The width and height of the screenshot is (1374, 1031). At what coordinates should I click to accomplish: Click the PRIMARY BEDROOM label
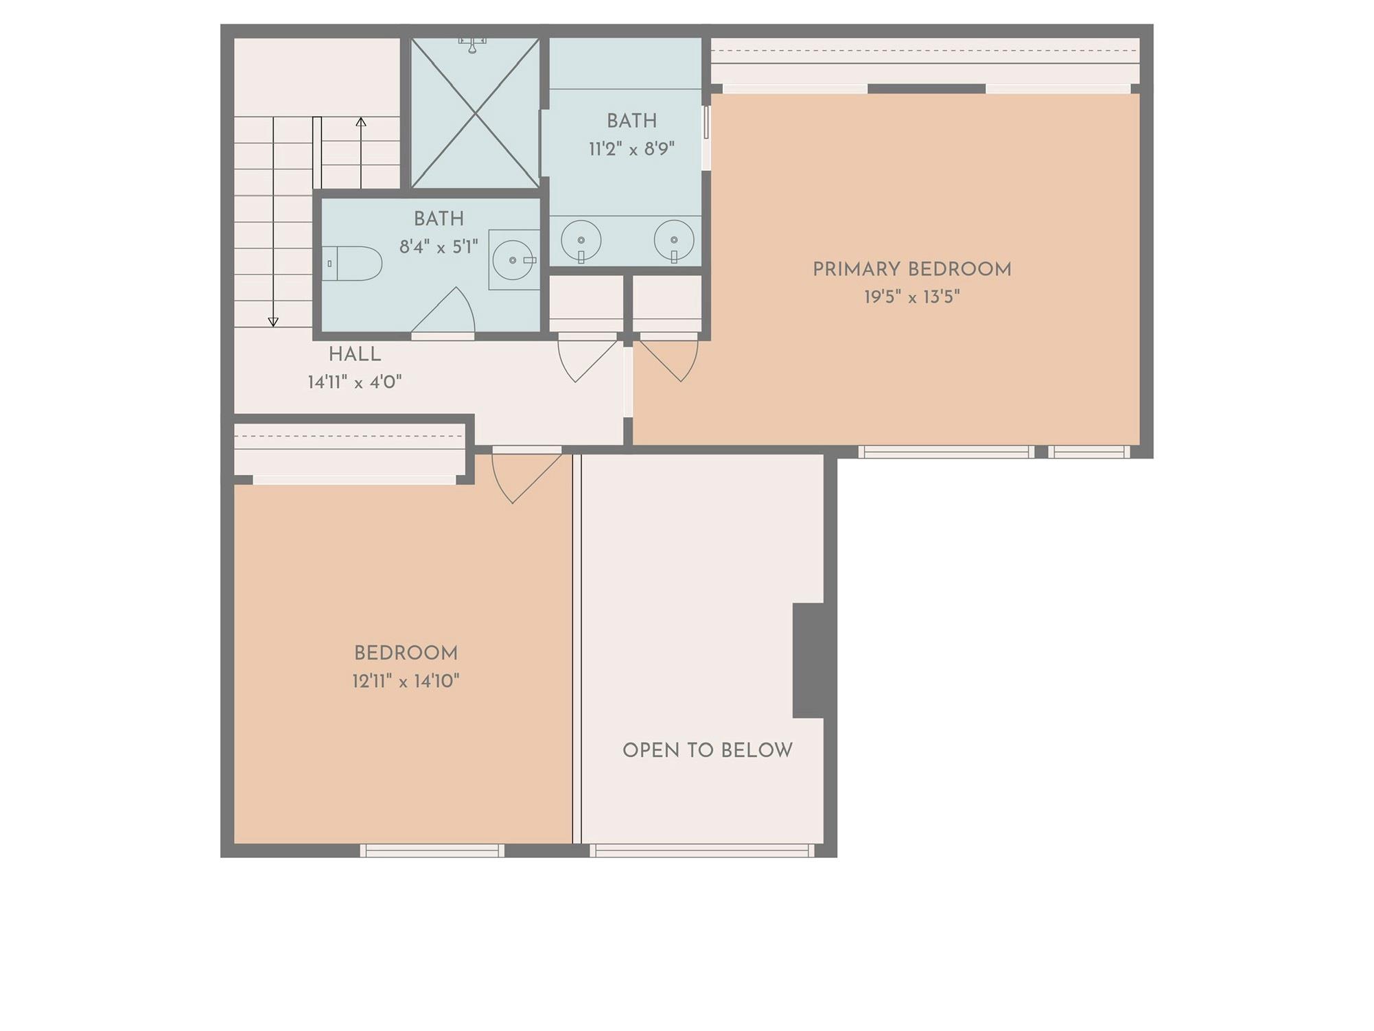911,270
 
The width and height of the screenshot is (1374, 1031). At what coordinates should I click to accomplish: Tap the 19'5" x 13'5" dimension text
911,297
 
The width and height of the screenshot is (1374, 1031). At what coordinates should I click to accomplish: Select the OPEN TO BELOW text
707,750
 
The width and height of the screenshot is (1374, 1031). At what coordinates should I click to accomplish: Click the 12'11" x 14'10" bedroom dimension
406,681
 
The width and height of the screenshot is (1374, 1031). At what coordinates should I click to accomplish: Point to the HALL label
354,355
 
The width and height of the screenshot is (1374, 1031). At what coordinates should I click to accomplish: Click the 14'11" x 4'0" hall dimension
354,382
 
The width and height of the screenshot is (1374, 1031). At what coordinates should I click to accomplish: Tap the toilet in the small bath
353,264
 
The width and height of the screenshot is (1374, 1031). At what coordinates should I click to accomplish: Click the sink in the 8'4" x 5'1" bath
513,260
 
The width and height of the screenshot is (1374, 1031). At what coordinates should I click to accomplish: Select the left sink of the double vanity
581,241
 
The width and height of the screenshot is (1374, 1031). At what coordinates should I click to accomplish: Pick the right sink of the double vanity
674,241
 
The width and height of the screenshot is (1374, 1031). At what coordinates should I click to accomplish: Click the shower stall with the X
475,113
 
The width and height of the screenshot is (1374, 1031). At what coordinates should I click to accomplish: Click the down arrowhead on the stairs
273,322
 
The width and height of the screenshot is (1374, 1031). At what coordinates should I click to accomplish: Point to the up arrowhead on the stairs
361,121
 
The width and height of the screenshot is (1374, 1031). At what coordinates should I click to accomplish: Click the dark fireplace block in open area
808,660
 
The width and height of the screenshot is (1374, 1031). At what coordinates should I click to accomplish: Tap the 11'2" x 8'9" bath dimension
631,149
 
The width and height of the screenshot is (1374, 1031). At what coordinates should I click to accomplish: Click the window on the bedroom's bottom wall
432,850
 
